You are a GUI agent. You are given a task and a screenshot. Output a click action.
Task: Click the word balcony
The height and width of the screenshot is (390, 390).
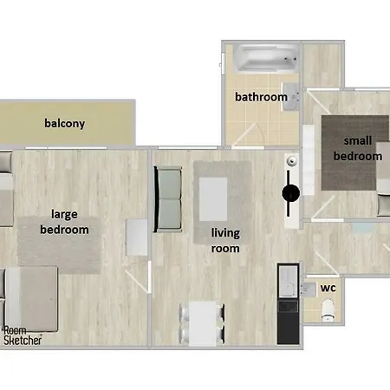[65, 124]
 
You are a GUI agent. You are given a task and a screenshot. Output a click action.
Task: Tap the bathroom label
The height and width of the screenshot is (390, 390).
[261, 97]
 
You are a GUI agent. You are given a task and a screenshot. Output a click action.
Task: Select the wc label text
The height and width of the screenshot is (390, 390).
[328, 288]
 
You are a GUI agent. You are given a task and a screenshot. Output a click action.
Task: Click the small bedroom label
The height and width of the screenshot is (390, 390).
[358, 148]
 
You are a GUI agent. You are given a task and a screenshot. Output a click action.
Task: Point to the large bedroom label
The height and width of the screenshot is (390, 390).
[64, 222]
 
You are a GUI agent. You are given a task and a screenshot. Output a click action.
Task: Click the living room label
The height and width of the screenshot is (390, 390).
[225, 241]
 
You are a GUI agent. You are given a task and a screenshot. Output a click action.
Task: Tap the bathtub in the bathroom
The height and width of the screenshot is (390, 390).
[266, 58]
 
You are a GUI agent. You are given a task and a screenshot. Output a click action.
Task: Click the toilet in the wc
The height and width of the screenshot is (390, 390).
[328, 309]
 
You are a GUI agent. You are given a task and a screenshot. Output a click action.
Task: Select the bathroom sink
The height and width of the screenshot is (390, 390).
[290, 96]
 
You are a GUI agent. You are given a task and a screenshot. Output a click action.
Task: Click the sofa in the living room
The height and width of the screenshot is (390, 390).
[168, 199]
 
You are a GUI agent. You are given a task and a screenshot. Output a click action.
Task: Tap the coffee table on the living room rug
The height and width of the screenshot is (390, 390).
[213, 199]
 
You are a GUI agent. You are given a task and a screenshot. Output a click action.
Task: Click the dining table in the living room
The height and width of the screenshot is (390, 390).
[203, 323]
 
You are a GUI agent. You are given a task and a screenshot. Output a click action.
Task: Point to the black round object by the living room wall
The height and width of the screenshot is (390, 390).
[290, 193]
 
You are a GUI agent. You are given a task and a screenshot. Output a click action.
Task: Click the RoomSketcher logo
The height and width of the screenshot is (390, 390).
[23, 335]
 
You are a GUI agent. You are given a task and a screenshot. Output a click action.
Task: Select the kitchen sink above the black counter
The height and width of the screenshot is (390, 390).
[288, 281]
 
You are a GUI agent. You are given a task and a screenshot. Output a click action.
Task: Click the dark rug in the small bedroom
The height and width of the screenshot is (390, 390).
[355, 153]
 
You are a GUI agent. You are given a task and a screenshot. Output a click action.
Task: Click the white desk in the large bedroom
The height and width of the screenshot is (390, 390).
[137, 237]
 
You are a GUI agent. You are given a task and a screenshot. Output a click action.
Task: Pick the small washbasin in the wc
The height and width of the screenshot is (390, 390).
[309, 289]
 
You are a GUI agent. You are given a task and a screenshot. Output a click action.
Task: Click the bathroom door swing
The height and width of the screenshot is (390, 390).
[248, 135]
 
